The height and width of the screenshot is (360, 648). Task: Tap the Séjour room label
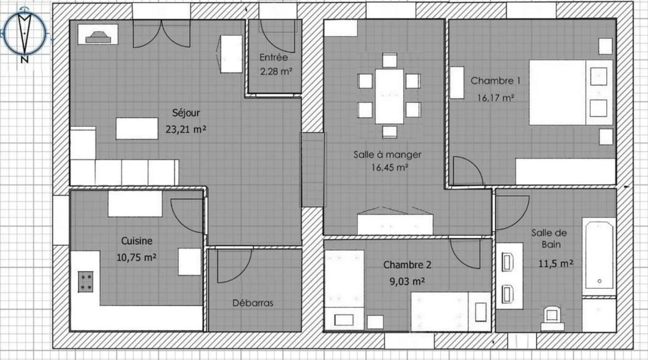coord(186,113)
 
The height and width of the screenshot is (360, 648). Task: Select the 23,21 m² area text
coord(186,129)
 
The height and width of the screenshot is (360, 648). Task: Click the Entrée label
coord(274,57)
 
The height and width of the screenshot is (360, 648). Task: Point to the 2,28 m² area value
coord(276,71)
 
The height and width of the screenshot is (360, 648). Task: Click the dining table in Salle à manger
coord(389,96)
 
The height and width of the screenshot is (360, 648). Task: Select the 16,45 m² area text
coord(390,167)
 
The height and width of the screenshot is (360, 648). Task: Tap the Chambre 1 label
coord(495,81)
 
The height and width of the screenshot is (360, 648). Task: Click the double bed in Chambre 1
coord(571,93)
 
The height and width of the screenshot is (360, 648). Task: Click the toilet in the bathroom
coord(552,318)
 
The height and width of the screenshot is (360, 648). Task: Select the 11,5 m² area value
coord(555,264)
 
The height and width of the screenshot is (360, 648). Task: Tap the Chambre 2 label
coord(407,265)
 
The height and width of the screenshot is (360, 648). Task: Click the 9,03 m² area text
coord(407,281)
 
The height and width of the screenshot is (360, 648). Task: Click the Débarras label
coord(253,303)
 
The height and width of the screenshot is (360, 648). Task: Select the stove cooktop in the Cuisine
coord(86,282)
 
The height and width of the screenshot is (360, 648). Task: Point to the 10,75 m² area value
coord(136,257)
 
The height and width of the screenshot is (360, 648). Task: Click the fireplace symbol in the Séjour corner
coord(98,34)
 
